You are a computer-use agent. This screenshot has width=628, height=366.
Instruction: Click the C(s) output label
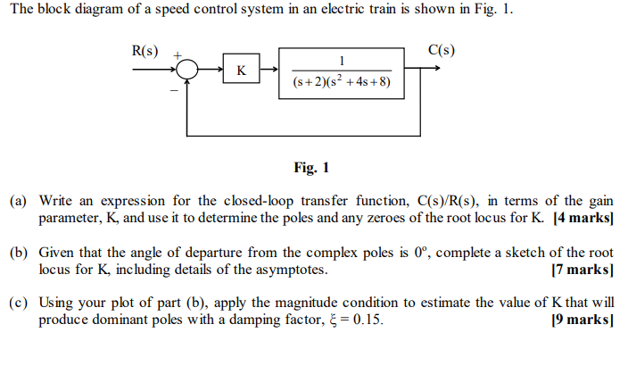(x=441, y=50)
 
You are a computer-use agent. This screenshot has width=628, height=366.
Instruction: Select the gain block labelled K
(x=240, y=69)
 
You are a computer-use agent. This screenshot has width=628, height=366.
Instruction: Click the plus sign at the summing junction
(x=177, y=56)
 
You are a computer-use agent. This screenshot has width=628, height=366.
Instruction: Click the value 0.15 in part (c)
(x=369, y=320)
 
